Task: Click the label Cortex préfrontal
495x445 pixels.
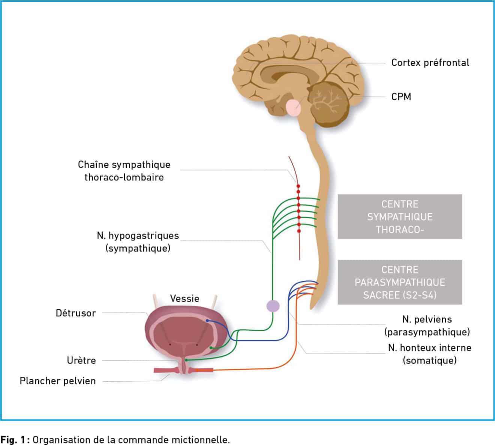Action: pos(430,63)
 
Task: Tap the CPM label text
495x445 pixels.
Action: pos(401,97)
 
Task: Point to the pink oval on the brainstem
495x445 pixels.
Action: pos(293,107)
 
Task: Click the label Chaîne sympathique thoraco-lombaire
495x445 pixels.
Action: pos(124,171)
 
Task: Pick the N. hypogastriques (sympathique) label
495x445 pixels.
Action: pos(138,242)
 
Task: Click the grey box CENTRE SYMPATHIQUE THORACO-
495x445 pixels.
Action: pos(400,217)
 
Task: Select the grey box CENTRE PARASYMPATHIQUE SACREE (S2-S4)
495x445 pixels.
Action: pos(400,282)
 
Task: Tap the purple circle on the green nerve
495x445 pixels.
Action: pos(273,306)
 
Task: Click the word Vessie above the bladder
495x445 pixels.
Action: pos(184,298)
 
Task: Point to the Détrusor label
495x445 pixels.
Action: pos(76,313)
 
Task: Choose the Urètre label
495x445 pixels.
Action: pos(81,360)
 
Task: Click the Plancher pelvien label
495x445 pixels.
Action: pos(58,381)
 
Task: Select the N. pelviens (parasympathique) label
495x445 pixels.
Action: pos(427,325)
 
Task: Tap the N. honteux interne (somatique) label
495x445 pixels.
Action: pos(429,354)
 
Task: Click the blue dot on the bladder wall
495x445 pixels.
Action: pos(207,321)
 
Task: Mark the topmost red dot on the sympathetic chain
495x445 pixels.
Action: pos(298,186)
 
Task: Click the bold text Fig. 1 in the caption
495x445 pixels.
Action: pos(14,439)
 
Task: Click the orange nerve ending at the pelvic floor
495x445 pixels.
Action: pos(204,370)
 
